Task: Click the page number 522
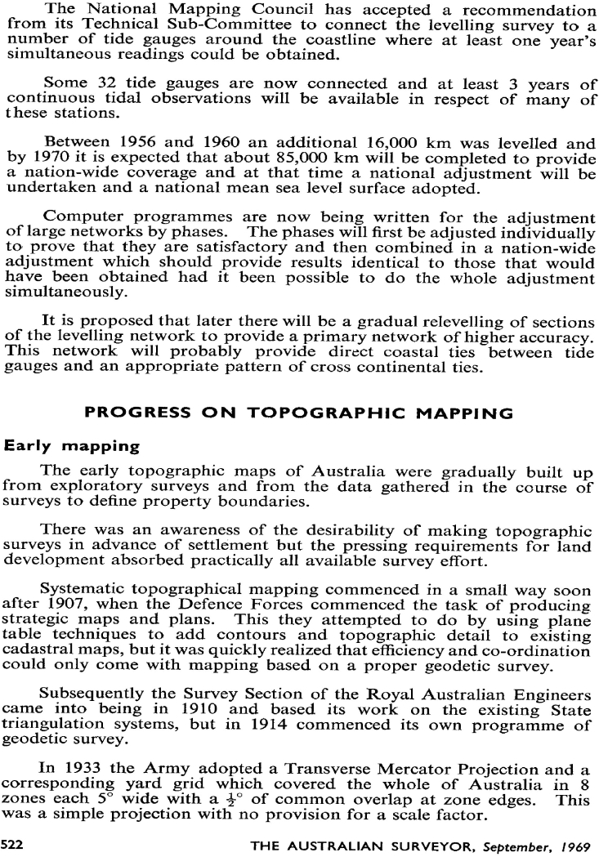(14, 843)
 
